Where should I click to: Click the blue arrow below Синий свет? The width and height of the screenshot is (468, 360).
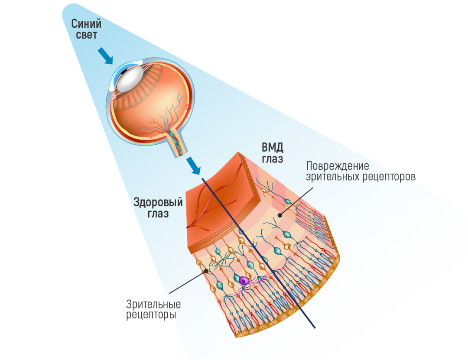106,56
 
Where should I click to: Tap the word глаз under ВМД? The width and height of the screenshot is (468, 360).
273,159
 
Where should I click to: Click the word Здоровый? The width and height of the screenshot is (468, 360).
158,203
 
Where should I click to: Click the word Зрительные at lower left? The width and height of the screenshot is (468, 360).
153,304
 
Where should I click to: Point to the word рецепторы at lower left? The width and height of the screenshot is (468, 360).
151,315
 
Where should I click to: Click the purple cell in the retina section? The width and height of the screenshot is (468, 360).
244,281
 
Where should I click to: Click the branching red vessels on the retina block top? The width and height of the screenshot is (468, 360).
212,199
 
